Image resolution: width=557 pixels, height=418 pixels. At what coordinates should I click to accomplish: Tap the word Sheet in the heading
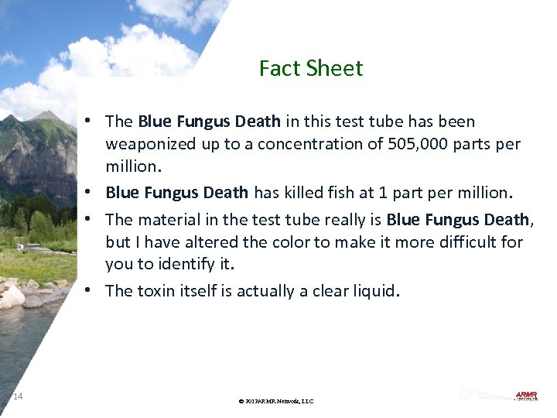[333, 69]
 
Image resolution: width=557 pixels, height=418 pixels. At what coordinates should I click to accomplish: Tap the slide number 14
[18, 397]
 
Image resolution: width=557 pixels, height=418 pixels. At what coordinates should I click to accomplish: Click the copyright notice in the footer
[276, 401]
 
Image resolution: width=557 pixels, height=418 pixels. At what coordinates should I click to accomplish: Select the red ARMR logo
[526, 396]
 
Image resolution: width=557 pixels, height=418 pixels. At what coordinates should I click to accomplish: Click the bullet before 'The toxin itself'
[91, 290]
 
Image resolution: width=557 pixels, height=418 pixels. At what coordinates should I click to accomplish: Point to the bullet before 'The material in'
[91, 219]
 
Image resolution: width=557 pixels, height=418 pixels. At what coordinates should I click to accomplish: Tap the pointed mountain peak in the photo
[48, 115]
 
